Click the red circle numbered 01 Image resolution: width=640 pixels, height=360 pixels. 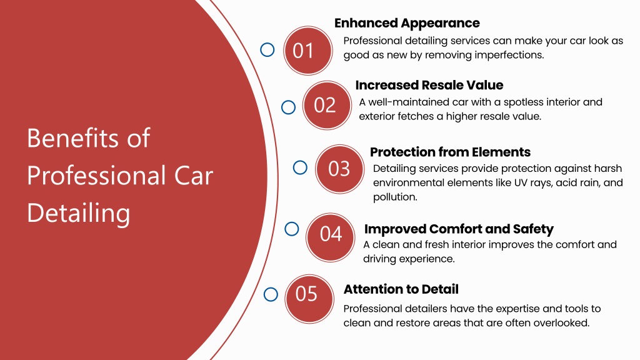[x=307, y=51]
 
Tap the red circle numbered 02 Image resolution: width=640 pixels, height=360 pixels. [x=326, y=105]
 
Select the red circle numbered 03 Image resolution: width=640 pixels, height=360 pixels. [x=339, y=169]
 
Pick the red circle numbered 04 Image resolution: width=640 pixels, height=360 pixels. [x=330, y=237]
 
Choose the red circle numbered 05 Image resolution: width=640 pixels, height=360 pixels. [x=309, y=299]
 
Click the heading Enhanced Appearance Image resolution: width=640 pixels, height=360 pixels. [x=407, y=23]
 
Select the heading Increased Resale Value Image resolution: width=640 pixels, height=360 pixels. [x=429, y=85]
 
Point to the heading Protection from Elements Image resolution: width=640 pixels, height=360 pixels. [x=450, y=152]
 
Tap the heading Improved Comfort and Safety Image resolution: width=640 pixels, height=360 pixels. [x=459, y=229]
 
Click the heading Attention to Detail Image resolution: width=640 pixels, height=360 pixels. [x=401, y=289]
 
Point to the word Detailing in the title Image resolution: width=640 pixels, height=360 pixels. [x=78, y=213]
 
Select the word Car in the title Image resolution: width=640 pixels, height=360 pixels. [x=194, y=176]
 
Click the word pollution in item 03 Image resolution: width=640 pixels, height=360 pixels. [x=395, y=197]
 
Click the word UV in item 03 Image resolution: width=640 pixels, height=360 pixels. [x=521, y=182]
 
